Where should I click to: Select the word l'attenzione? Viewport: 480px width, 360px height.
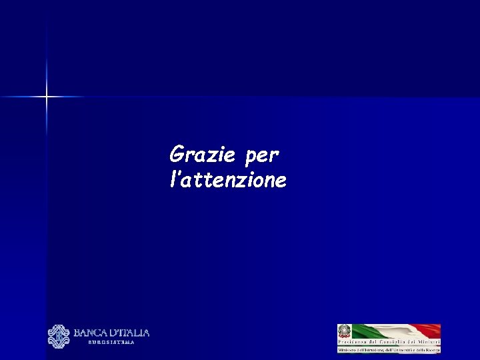pyautogui.click(x=228, y=179)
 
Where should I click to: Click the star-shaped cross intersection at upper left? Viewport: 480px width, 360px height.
pyautogui.click(x=47, y=97)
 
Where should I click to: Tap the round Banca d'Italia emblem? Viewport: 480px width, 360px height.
pyautogui.click(x=59, y=336)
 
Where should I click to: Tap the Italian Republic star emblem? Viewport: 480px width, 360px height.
pyautogui.click(x=345, y=331)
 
